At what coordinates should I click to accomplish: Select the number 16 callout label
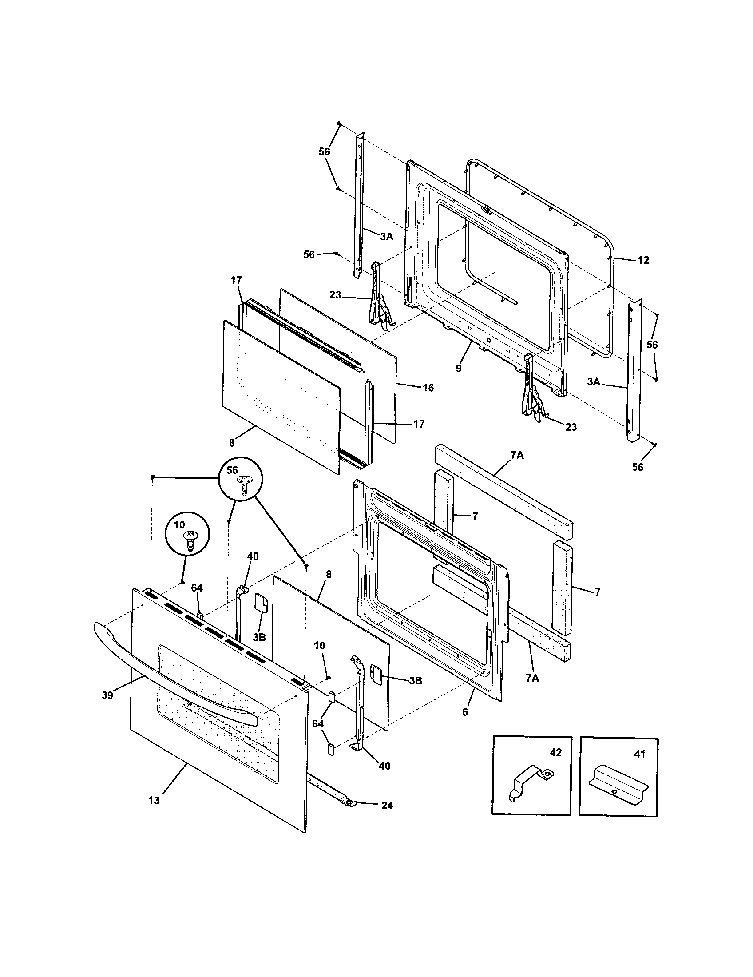(x=428, y=388)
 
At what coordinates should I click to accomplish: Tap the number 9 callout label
(x=458, y=369)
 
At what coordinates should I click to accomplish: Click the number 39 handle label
(x=107, y=695)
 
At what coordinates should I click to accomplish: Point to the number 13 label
(x=153, y=801)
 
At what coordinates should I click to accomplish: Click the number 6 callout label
(x=465, y=712)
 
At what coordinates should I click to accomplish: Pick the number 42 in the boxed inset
(x=555, y=752)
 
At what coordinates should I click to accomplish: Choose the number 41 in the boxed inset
(x=640, y=754)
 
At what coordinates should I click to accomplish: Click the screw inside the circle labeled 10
(x=189, y=543)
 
